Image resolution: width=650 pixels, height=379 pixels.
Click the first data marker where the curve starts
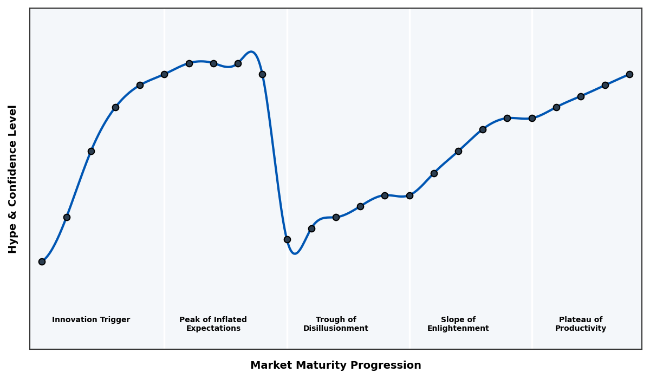[42, 262]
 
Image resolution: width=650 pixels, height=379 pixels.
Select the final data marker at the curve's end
[629, 74]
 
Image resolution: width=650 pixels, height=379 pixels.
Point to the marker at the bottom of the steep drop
[287, 239]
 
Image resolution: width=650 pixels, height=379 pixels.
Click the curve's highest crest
[251, 52]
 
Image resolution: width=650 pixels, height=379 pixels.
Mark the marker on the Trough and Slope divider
[409, 195]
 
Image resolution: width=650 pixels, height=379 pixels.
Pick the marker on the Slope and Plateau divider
[532, 118]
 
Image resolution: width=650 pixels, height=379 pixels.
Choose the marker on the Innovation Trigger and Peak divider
[164, 74]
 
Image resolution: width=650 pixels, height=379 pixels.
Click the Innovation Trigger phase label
[91, 320]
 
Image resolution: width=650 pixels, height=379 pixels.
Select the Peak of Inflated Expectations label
[213, 324]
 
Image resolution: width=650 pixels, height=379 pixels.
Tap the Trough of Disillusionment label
[336, 324]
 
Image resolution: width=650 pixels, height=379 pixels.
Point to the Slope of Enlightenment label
[458, 324]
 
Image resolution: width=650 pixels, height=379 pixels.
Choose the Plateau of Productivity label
[581, 324]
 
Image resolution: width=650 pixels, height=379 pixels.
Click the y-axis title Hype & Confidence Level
[13, 179]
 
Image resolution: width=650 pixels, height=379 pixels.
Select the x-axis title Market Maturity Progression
[336, 365]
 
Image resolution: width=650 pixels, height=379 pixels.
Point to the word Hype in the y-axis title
[13, 240]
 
